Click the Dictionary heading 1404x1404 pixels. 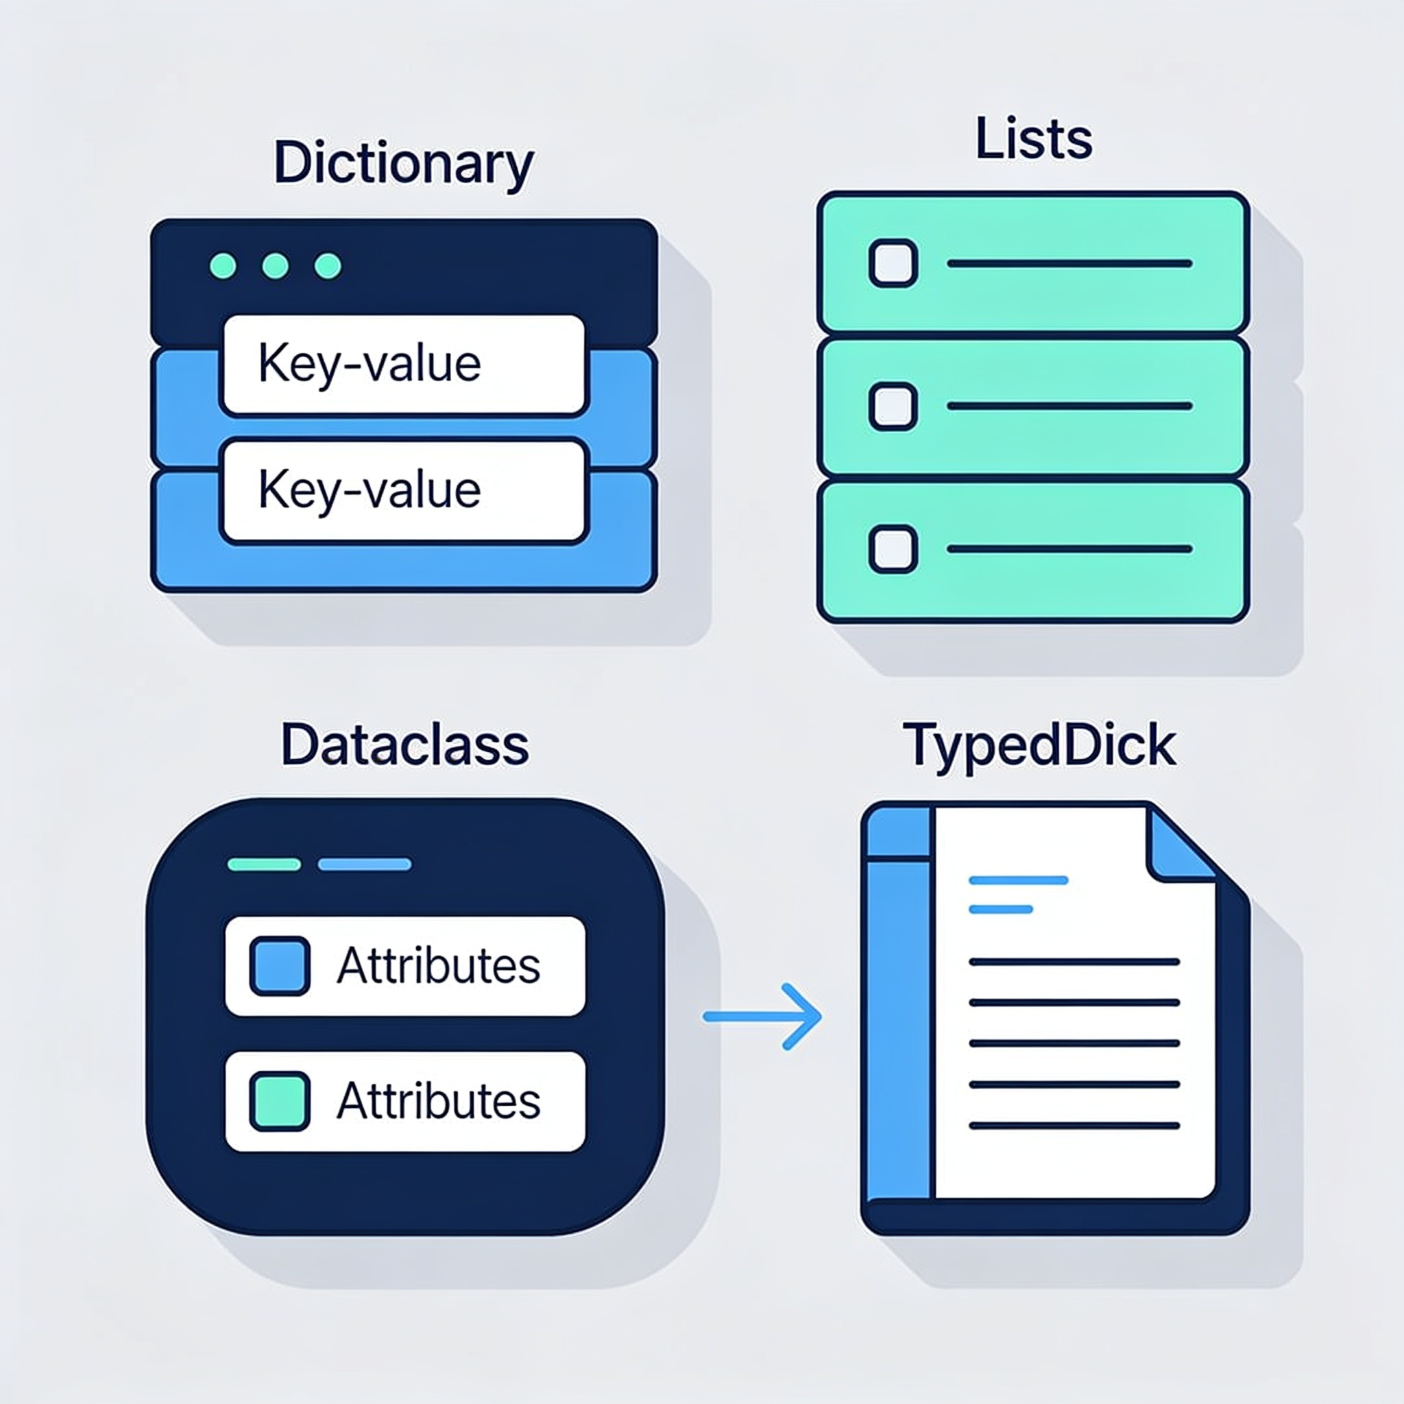403,164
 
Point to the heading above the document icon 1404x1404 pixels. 1039,747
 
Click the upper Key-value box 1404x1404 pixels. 403,365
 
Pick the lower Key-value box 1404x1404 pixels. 403,491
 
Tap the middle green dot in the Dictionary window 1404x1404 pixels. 276,266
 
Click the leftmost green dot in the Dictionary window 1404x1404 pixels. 223,266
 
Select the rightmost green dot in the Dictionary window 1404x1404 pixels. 328,266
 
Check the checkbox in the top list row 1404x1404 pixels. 893,263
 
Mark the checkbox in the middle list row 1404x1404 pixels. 893,407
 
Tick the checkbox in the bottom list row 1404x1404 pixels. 893,549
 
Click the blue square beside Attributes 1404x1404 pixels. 280,966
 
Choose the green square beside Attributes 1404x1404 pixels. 280,1101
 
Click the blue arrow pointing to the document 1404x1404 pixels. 762,1016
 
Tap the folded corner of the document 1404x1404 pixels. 1178,845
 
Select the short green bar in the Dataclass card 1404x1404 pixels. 264,864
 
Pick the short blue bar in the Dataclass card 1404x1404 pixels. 365,864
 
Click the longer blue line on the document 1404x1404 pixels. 1018,880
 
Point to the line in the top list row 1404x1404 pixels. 1069,264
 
